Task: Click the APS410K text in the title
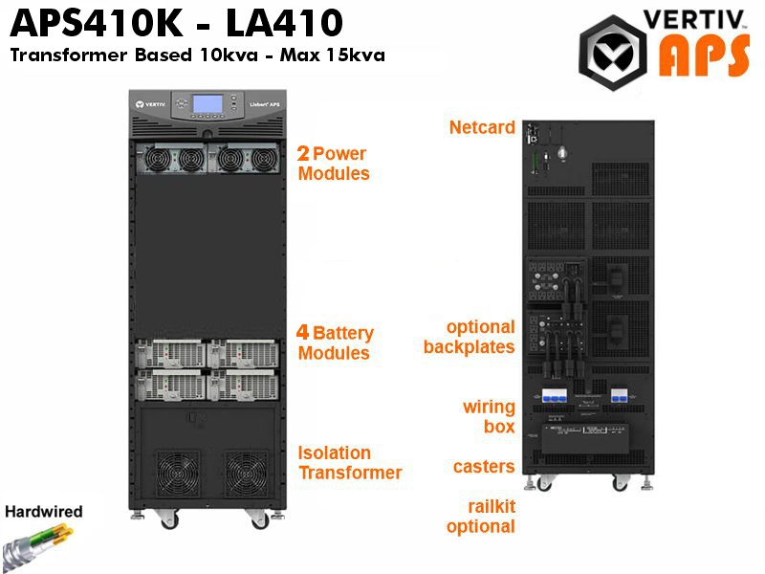tap(97, 22)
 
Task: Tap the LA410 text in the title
tap(284, 22)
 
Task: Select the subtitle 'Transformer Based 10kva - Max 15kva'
tap(198, 55)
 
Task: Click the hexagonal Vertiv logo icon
tap(613, 53)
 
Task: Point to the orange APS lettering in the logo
tap(704, 56)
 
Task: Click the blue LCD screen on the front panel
tap(208, 104)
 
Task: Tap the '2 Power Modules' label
tap(333, 164)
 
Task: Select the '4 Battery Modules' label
tap(335, 342)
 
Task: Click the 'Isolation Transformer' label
tap(350, 463)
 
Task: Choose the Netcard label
tap(482, 127)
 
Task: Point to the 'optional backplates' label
tap(470, 337)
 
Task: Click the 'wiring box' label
tap(489, 416)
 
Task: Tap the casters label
tap(484, 467)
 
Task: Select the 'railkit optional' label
tap(481, 517)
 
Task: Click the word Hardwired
tap(44, 512)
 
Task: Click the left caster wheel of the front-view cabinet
tap(168, 520)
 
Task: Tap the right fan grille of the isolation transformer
tap(246, 474)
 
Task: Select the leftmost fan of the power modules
tap(157, 159)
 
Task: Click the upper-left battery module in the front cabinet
tap(170, 353)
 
